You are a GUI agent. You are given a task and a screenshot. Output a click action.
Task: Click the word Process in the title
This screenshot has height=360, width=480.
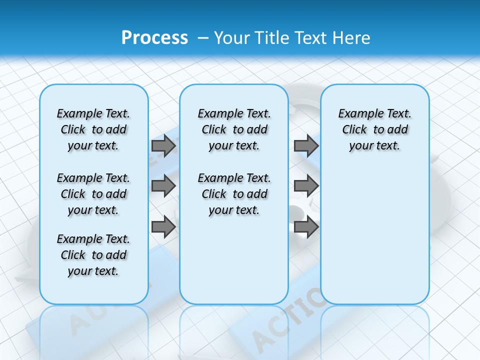point(154,37)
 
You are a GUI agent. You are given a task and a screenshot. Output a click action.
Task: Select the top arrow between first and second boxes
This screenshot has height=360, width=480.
point(163,145)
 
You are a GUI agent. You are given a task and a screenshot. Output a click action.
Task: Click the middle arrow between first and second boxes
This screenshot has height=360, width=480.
point(163,186)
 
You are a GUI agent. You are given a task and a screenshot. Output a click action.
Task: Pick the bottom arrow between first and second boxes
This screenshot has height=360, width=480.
point(163,227)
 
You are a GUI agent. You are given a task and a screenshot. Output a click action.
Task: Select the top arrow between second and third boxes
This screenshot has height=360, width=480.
point(306,145)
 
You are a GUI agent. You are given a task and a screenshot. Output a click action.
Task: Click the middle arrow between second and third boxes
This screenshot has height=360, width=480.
point(306,186)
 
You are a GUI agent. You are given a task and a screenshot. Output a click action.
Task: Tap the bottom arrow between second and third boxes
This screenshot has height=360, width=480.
point(306,227)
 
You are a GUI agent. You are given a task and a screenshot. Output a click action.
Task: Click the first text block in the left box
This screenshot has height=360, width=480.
point(93,129)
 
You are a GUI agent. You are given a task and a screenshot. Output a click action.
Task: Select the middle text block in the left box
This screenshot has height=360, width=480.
point(93,194)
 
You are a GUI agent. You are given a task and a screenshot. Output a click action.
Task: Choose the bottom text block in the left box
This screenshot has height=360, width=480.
point(93,255)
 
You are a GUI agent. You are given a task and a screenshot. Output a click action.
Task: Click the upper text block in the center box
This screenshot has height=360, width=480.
point(234,129)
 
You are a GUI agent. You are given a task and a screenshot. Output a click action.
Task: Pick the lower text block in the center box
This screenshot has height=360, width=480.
point(234,194)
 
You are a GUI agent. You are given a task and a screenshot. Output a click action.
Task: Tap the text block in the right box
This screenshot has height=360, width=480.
point(374,129)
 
